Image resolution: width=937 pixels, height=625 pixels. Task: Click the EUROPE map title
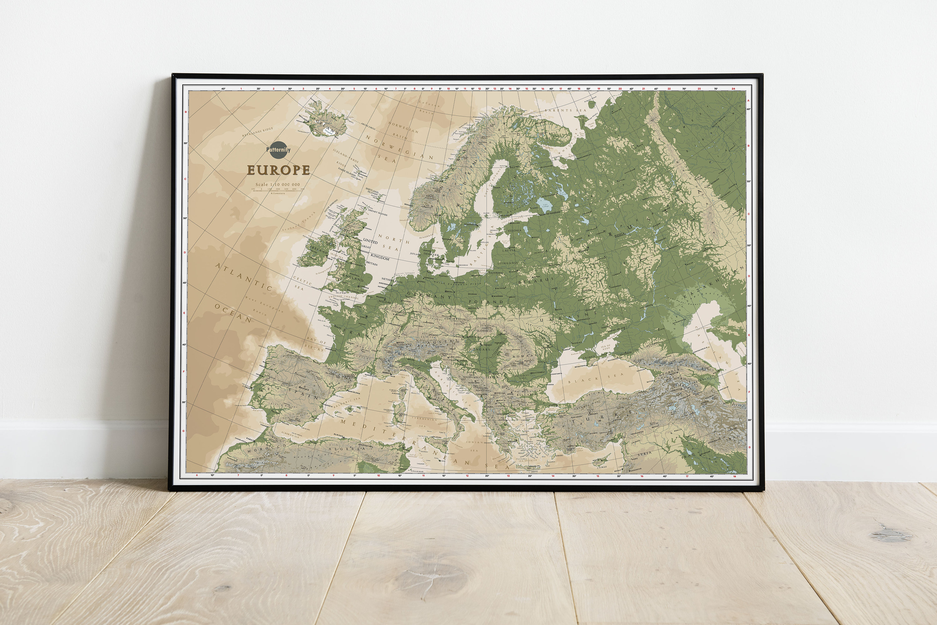(x=278, y=170)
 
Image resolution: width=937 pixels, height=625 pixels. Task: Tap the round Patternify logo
(x=278, y=150)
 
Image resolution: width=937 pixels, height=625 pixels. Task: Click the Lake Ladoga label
(x=545, y=206)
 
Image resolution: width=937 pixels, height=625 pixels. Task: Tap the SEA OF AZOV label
(x=606, y=347)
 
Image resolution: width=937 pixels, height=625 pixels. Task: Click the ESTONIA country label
(x=514, y=230)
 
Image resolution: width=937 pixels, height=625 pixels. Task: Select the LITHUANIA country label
(x=508, y=263)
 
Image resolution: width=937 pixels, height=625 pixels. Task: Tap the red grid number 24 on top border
(x=733, y=89)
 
